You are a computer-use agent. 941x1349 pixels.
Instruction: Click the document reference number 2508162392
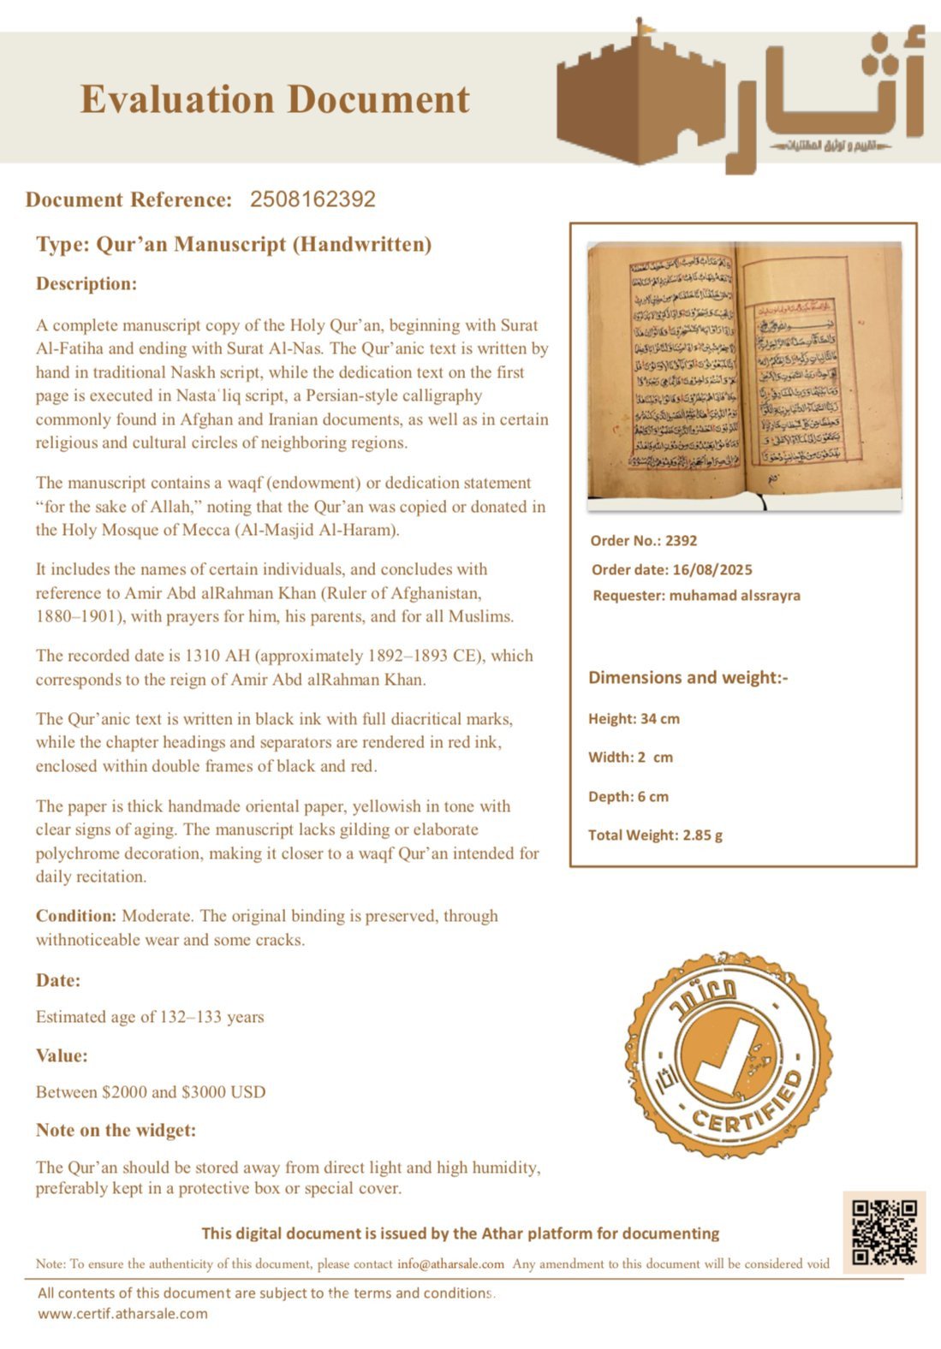(313, 199)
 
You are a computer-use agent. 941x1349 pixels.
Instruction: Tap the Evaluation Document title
(275, 99)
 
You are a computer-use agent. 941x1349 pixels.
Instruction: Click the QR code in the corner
(884, 1232)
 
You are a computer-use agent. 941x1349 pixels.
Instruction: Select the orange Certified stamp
(729, 1055)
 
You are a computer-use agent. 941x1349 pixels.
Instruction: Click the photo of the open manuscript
(744, 376)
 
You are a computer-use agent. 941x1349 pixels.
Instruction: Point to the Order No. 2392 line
(643, 541)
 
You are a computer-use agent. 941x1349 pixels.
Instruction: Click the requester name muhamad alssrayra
(734, 596)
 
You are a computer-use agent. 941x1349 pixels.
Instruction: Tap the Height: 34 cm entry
(634, 719)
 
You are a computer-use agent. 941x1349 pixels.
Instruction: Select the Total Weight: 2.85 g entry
(655, 835)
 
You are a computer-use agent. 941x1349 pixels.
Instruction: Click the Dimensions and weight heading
(688, 678)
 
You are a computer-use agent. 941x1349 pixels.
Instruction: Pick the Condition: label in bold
(75, 916)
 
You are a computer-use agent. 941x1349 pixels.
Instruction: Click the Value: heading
(62, 1055)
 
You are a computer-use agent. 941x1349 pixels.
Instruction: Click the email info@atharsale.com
(450, 1263)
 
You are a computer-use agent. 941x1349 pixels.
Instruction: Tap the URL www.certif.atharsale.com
(122, 1314)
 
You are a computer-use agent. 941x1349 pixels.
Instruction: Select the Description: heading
(86, 284)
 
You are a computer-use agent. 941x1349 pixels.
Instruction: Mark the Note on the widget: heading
(116, 1131)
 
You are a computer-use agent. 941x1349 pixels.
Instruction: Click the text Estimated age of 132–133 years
(150, 1017)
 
